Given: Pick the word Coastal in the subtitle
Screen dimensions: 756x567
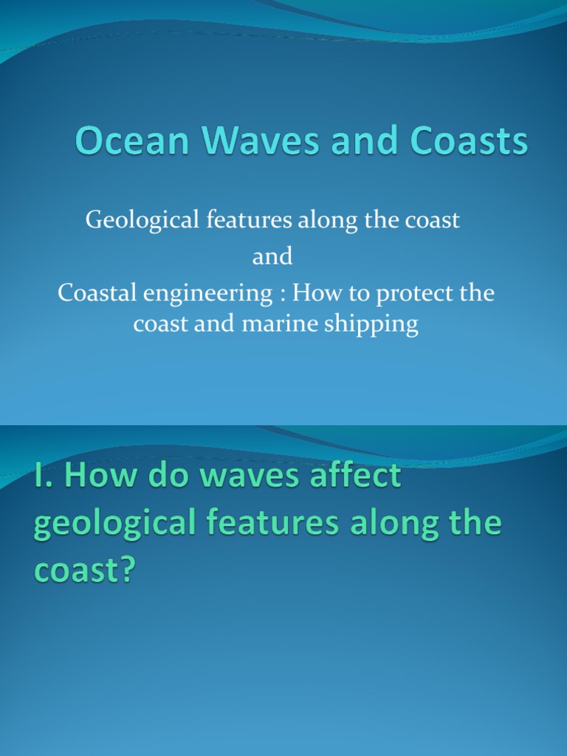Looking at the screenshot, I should (92, 293).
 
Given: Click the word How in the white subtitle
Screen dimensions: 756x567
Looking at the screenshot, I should (313, 293).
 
